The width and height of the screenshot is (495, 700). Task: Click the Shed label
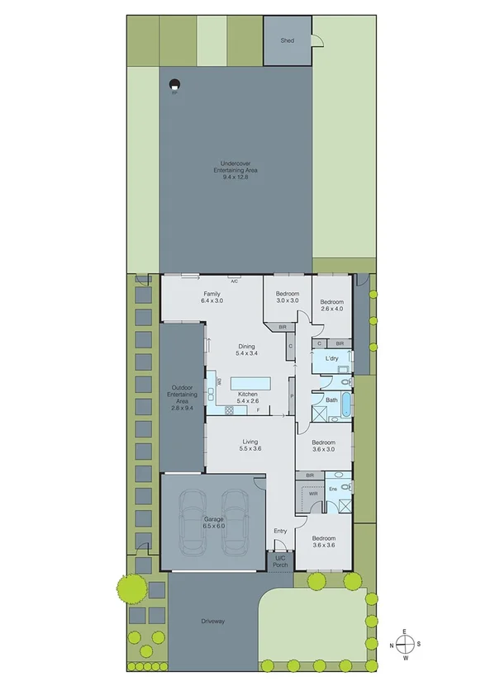point(287,40)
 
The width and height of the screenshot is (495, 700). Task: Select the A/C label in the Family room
point(235,281)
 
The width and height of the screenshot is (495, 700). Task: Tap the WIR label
point(313,493)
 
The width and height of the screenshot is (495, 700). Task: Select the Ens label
point(333,489)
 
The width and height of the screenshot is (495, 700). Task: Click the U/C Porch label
point(280,561)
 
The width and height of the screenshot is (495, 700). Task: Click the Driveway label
point(213,621)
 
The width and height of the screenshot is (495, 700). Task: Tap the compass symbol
point(404,644)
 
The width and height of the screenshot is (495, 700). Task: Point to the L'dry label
point(331,358)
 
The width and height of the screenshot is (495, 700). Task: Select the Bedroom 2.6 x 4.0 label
point(331,305)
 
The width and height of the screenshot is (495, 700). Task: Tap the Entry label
point(280,531)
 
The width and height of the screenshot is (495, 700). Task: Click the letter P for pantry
point(292,397)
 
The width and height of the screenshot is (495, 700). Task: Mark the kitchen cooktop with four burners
point(221,408)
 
